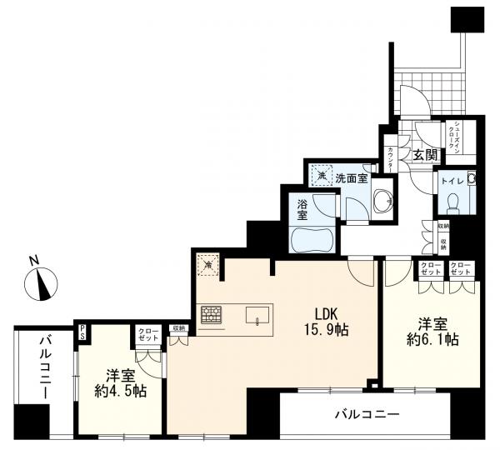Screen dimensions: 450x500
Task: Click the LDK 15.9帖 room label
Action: [x=325, y=321]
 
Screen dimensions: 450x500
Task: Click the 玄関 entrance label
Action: [x=425, y=154]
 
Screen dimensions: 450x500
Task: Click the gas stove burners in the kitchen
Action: [x=212, y=316]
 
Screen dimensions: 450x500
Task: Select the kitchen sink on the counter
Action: [x=258, y=315]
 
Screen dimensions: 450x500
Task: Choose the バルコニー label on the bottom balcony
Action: [x=367, y=413]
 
